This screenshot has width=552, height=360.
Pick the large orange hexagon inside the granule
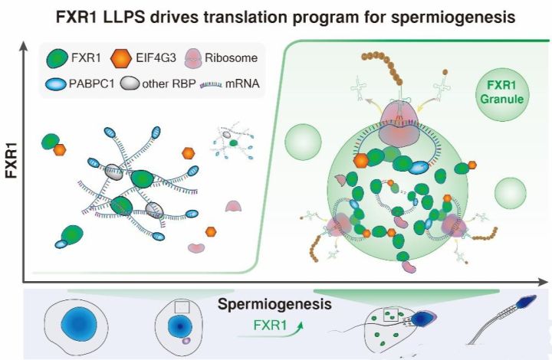[x=361, y=161]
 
